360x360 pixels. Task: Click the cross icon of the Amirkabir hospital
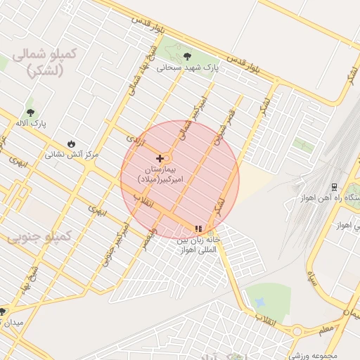[x=160, y=159]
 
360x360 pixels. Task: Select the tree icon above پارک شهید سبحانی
[x=186, y=56]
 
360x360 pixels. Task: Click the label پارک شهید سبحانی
[x=188, y=69]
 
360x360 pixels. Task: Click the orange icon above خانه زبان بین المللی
[x=198, y=229]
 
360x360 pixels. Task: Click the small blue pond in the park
[x=261, y=302]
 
